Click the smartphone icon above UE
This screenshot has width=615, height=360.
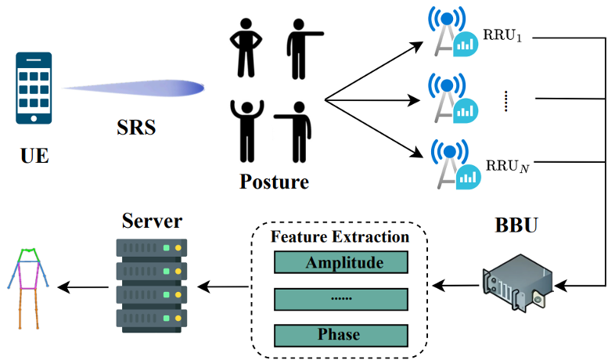[x=34, y=88]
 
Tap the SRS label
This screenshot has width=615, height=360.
[x=136, y=128]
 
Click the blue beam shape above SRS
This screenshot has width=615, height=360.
[x=133, y=88]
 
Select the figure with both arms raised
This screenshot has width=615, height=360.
[x=247, y=131]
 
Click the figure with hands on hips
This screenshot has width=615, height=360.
[x=246, y=48]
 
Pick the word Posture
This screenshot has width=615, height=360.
[x=274, y=182]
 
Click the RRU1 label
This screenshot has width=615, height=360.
[x=502, y=35]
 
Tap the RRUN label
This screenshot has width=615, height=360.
[x=508, y=166]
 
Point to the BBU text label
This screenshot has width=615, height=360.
[x=516, y=225]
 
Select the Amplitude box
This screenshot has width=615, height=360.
[x=341, y=262]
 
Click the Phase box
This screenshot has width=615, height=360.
[x=341, y=335]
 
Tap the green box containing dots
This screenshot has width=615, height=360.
[x=341, y=299]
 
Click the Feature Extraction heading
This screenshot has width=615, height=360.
[x=340, y=237]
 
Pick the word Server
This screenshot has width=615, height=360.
[x=152, y=221]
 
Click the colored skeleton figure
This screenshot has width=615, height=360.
[x=28, y=288]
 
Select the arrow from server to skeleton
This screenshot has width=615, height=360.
[x=83, y=287]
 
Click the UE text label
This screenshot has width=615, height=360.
[x=34, y=156]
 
